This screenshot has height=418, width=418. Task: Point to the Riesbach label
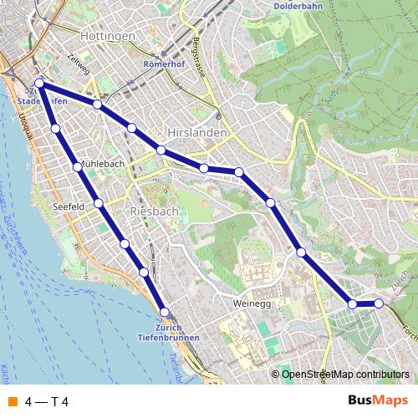tap(154, 212)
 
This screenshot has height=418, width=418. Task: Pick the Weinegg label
tap(253, 304)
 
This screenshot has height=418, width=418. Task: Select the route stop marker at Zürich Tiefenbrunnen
tap(165, 312)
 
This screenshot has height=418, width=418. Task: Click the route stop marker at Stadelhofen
tap(39, 84)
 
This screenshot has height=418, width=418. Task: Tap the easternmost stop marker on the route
tap(379, 303)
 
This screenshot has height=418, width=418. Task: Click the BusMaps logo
tap(378, 400)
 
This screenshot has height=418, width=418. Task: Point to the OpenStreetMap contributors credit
tap(344, 375)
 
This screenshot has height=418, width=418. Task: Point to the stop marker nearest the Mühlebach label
tap(78, 167)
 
